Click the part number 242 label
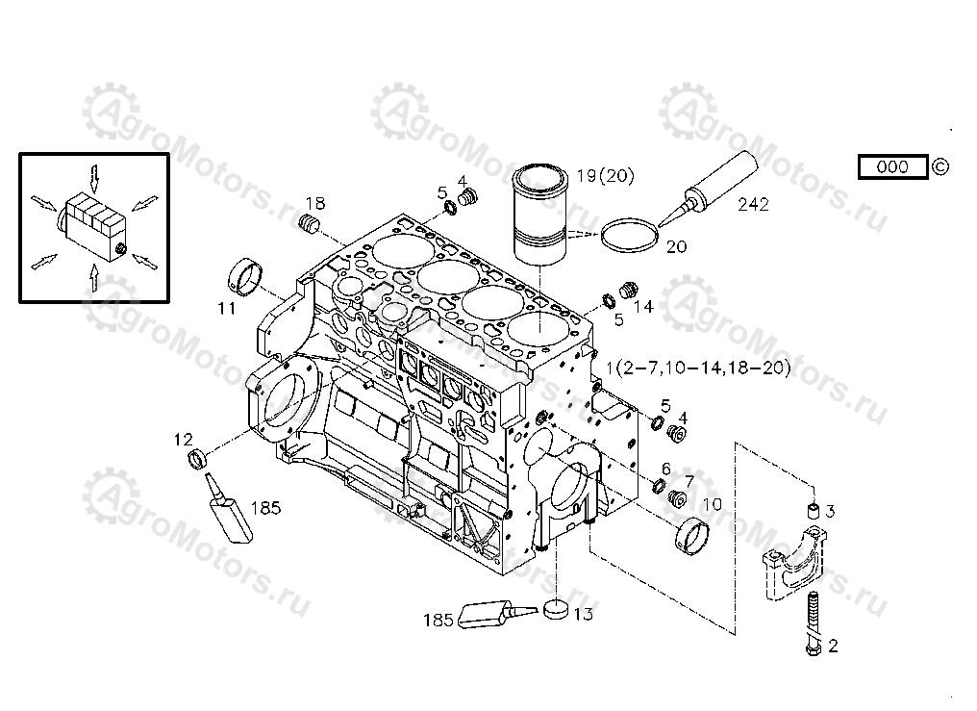coord(753,205)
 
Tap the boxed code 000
coord(892,167)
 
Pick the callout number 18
coord(315,203)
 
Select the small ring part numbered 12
coord(198,460)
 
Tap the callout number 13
coord(583,613)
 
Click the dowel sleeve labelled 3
coord(813,511)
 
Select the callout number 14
coord(643,307)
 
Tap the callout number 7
coord(689,480)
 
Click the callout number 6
coord(665,469)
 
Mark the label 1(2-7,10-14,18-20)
coord(700,368)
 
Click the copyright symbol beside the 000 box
coord(940,166)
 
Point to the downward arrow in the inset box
coord(94,177)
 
